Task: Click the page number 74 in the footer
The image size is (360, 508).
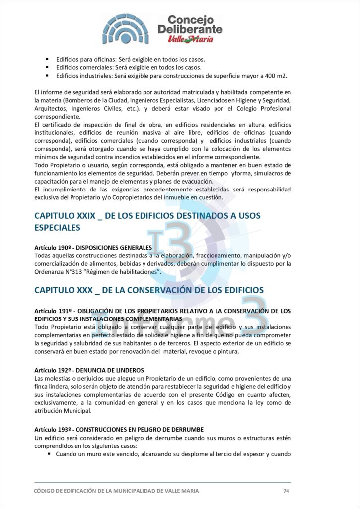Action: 286,491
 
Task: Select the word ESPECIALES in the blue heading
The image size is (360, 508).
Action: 58,228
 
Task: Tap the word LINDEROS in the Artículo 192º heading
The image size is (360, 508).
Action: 129,370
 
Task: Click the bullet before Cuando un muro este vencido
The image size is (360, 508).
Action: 50,454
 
